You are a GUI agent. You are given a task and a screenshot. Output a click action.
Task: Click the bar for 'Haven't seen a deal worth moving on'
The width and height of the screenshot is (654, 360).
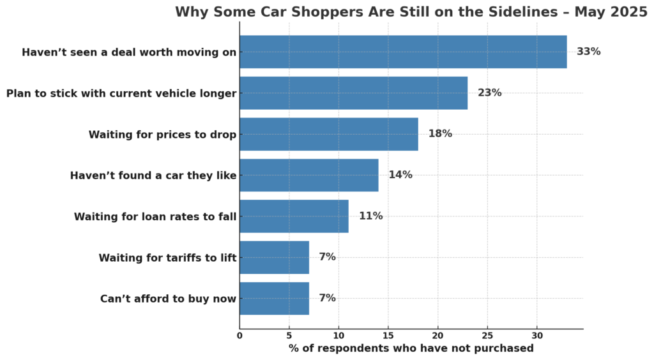tap(403, 52)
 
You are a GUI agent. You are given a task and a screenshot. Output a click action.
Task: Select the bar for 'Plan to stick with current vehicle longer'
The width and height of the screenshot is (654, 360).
tap(353, 93)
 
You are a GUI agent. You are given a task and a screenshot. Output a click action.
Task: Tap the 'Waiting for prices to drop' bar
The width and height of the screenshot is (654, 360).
tap(329, 134)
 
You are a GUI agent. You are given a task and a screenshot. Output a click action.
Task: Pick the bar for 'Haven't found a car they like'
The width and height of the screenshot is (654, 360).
tap(309, 175)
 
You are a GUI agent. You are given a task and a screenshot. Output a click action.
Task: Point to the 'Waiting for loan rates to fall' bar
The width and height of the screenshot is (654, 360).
tap(294, 216)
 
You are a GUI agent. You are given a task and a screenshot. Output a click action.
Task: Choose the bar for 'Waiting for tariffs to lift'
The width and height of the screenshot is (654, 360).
tap(274, 257)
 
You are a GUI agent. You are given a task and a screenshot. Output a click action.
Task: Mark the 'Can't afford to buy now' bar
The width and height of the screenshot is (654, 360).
tap(274, 298)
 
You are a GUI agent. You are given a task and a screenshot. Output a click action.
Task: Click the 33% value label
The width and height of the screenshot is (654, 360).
tap(588, 52)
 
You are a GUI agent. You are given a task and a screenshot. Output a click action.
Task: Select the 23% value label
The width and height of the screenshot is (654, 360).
tap(489, 93)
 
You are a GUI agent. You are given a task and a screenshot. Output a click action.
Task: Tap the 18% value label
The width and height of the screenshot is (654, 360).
tap(440, 134)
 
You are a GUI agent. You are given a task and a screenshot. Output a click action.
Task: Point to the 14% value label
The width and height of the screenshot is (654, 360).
tap(400, 175)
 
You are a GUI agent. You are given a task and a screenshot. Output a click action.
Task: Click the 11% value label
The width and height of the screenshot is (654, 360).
tap(370, 216)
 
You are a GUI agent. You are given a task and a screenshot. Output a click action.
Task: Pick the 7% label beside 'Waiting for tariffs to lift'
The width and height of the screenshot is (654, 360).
tap(327, 257)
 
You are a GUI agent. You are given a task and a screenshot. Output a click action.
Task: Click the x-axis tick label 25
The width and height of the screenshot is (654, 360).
tap(487, 336)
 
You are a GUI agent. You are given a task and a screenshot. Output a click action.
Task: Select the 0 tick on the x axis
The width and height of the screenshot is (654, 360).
tap(240, 336)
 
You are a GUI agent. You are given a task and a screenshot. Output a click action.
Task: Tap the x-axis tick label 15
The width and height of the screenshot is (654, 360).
tap(388, 336)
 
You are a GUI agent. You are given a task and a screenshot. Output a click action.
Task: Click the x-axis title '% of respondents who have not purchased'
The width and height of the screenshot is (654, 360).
tap(411, 349)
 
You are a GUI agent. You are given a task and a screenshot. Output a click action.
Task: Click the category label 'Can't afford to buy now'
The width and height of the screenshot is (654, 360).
tap(168, 299)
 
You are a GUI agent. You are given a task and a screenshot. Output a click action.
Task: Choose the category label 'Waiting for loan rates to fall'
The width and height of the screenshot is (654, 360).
tap(155, 216)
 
